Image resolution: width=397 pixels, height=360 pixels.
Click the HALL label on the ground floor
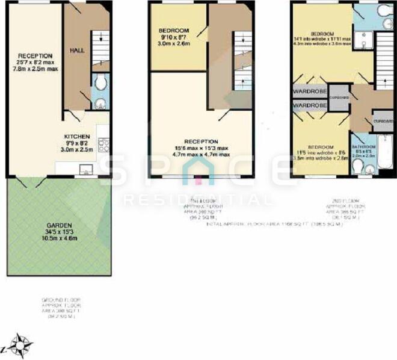click(x=76, y=51)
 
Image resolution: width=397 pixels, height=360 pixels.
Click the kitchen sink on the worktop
click(x=85, y=170)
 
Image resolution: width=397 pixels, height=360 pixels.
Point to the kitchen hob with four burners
click(x=103, y=144)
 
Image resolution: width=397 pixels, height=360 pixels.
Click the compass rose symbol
click(x=22, y=346)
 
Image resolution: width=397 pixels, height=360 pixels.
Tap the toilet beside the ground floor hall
click(x=100, y=84)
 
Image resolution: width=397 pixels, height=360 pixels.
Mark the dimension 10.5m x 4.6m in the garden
click(x=59, y=238)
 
